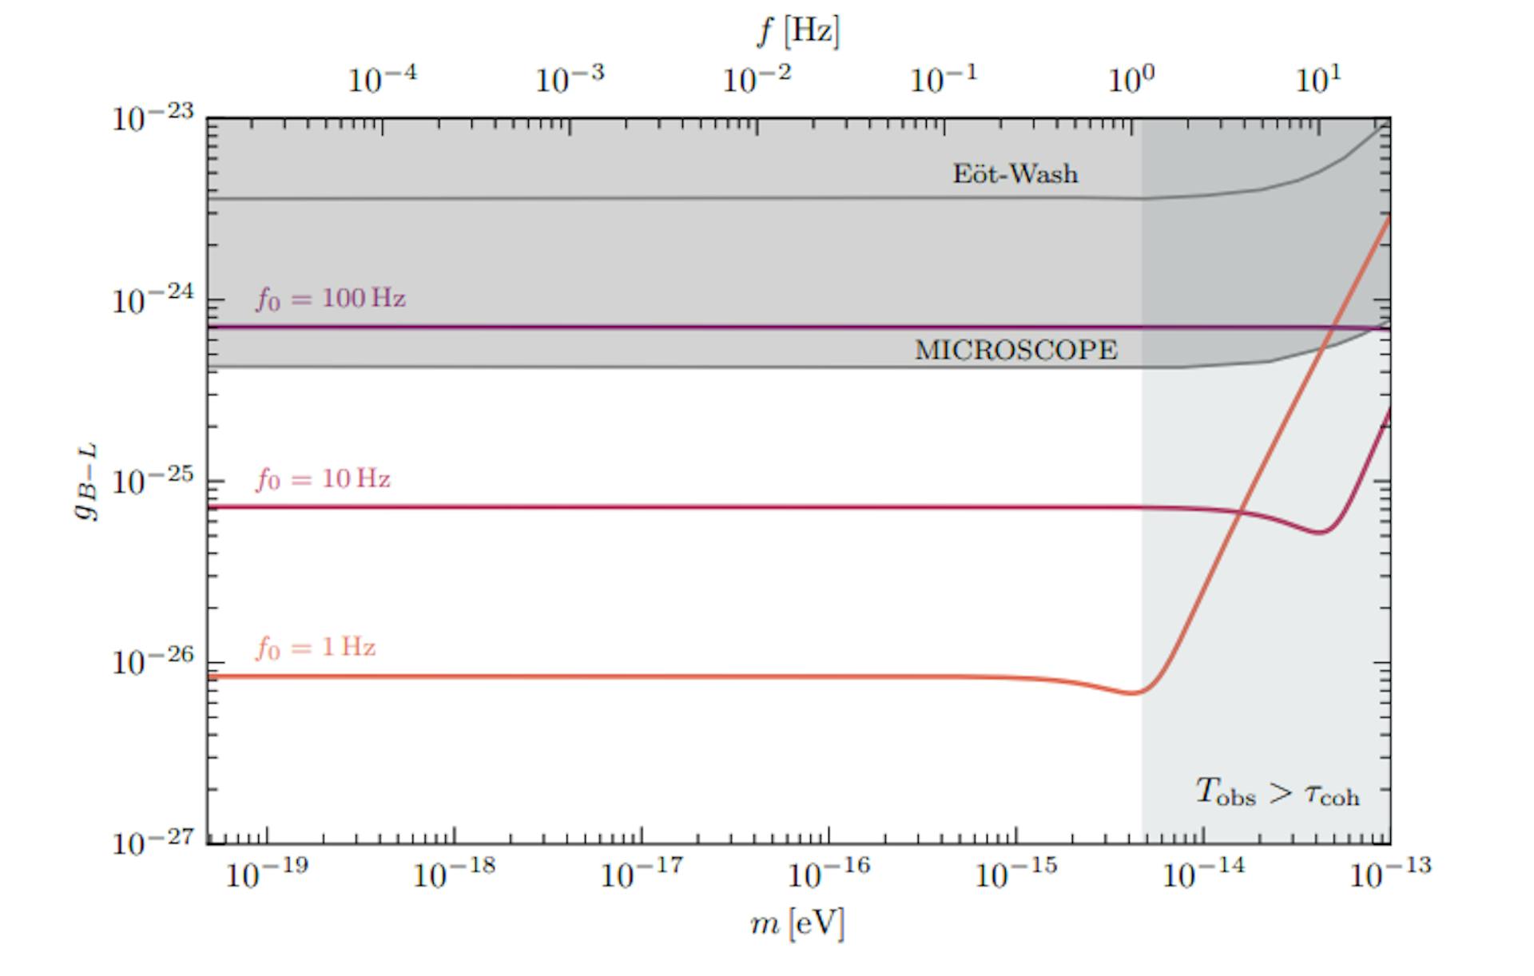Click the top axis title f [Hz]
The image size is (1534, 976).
coord(798,32)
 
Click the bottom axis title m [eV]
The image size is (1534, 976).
coord(797,923)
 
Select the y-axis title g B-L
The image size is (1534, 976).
coord(86,482)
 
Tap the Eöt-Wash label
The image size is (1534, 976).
coord(1015,174)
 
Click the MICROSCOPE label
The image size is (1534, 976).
coord(1015,350)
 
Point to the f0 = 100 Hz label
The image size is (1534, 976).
coord(331,300)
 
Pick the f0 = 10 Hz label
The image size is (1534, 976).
coord(323,479)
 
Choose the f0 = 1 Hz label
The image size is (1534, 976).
coord(316,647)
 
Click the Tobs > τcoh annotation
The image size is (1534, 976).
coord(1277,792)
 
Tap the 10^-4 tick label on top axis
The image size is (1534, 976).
coord(382,79)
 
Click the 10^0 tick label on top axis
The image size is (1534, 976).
coord(1131,79)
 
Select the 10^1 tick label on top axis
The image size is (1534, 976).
coord(1318,79)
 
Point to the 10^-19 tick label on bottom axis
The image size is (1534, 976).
coord(266,874)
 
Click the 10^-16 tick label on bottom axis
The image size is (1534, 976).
coord(828,874)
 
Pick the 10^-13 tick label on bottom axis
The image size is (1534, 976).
coord(1390,874)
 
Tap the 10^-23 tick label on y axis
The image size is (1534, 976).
coord(153,118)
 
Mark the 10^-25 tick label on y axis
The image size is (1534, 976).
coord(153,482)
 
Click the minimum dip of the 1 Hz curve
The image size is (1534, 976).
coord(1132,692)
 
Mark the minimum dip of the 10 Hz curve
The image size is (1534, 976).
coord(1320,532)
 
